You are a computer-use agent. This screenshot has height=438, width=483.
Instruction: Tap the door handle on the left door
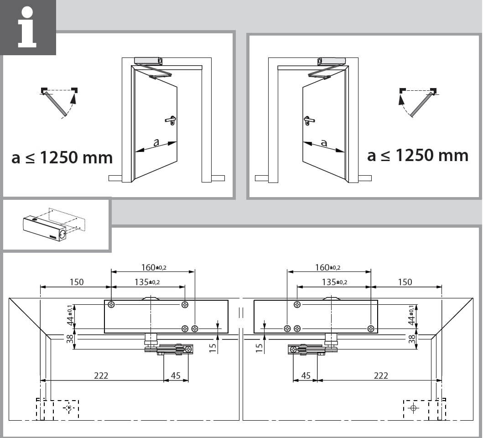171,120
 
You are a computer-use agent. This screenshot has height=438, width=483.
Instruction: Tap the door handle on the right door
307,120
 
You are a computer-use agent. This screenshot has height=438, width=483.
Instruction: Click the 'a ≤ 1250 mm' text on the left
62,157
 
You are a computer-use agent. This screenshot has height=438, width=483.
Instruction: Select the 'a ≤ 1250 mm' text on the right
418,155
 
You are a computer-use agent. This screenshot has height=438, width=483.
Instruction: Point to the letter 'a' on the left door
156,142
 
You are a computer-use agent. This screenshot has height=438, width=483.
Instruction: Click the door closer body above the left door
149,60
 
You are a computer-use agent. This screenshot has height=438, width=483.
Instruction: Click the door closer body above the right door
332,61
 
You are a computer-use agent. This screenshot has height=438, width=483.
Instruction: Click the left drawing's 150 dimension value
76,282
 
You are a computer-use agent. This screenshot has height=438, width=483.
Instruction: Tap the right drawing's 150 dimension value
405,282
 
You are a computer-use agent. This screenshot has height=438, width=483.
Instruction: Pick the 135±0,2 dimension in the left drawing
147,282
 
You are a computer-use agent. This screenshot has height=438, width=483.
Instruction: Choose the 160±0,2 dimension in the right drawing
327,267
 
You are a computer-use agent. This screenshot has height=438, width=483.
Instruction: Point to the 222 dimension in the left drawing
101,375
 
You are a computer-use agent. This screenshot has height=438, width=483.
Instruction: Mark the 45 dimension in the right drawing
306,375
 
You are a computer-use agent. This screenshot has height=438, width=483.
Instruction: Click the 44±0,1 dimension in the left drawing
70,315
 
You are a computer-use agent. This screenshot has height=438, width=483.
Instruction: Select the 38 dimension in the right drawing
411,339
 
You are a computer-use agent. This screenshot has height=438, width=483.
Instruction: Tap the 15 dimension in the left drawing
213,348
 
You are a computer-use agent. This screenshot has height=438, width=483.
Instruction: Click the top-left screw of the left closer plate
111,305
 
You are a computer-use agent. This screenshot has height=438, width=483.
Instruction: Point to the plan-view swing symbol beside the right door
418,102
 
